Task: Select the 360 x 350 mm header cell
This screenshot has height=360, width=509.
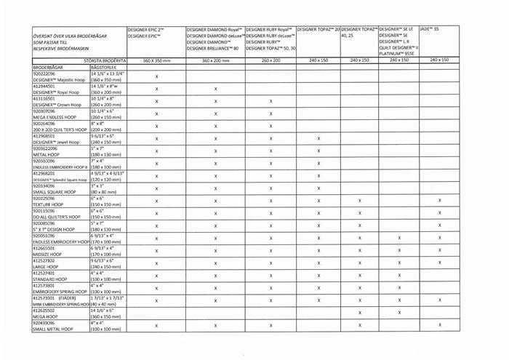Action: [x=157, y=60]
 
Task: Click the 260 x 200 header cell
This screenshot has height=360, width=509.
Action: [x=270, y=60]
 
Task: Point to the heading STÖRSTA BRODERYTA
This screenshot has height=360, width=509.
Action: [x=105, y=60]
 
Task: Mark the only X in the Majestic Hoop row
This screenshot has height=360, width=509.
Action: [x=157, y=76]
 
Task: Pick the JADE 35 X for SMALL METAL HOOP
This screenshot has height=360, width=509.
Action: [x=440, y=325]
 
